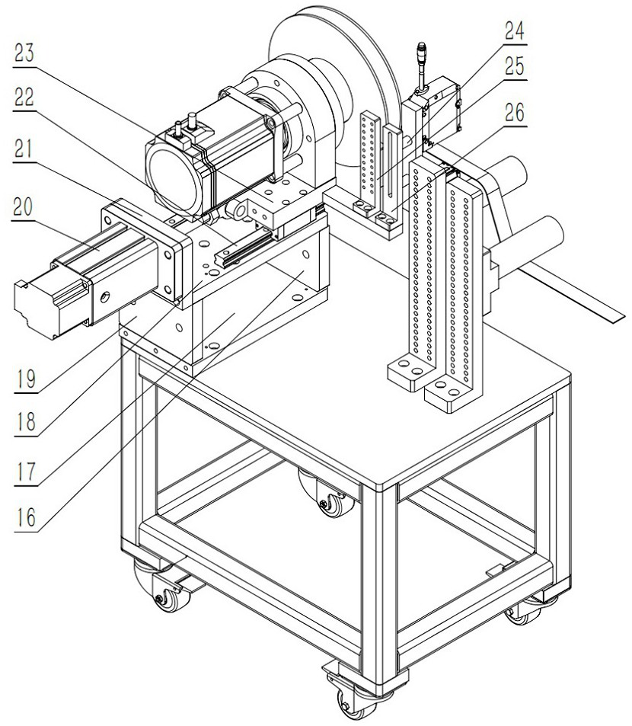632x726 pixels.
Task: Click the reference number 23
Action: (x=24, y=53)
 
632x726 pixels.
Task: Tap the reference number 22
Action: (x=24, y=98)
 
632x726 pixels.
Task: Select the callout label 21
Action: (x=24, y=149)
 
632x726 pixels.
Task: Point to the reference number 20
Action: (x=24, y=207)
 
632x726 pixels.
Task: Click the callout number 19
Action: (x=25, y=379)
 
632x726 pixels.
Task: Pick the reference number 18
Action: (x=25, y=422)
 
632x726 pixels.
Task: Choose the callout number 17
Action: (x=25, y=472)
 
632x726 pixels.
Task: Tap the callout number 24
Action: (x=514, y=31)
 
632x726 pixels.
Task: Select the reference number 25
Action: (x=514, y=67)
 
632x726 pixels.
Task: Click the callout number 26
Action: (x=514, y=113)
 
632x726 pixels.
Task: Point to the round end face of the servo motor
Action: (x=172, y=178)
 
